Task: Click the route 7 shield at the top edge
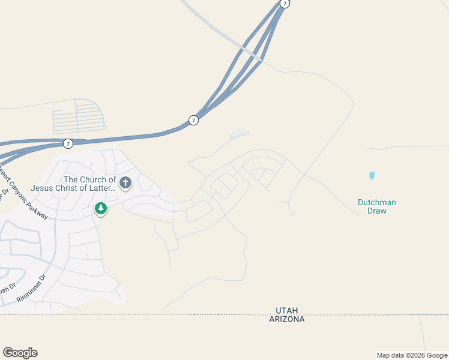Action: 285,4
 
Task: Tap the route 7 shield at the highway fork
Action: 193,120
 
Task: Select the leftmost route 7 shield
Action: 68,143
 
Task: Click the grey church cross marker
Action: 125,183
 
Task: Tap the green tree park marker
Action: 101,209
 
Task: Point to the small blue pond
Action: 372,176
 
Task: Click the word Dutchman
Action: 377,203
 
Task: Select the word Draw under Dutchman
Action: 377,211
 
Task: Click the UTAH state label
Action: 287,310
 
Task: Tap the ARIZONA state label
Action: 287,319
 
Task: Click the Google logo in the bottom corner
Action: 20,353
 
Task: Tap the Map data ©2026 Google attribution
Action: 412,355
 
